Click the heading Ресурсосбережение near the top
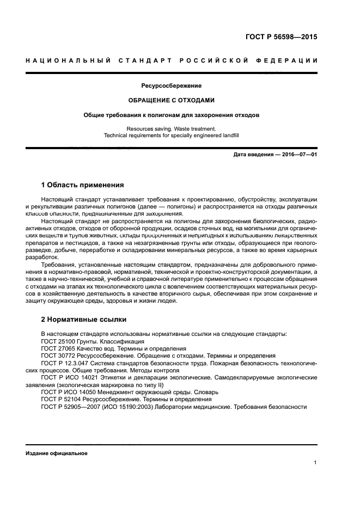click(x=172, y=86)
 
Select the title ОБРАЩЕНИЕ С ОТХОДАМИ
click(x=172, y=100)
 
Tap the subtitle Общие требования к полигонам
click(x=172, y=115)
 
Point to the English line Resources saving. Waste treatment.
click(x=172, y=128)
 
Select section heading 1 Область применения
click(x=83, y=185)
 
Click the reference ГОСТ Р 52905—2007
click(x=71, y=406)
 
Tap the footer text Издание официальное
click(x=57, y=453)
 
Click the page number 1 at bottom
click(x=315, y=463)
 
